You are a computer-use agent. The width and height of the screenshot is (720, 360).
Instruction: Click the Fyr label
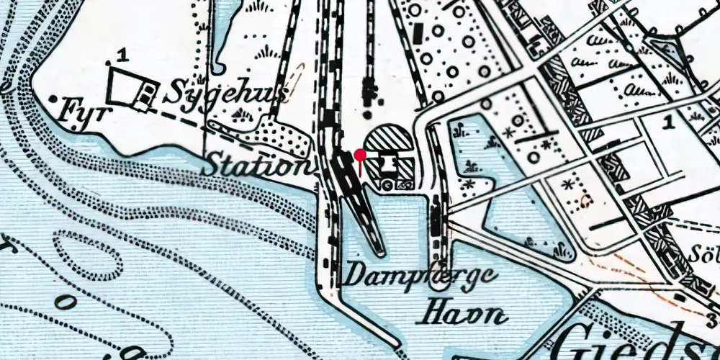[81, 110]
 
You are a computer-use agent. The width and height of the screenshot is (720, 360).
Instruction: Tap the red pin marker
[360, 155]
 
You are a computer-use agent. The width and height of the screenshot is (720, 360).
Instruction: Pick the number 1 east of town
[669, 122]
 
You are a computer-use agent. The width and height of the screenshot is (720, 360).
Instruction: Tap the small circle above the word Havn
[437, 283]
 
